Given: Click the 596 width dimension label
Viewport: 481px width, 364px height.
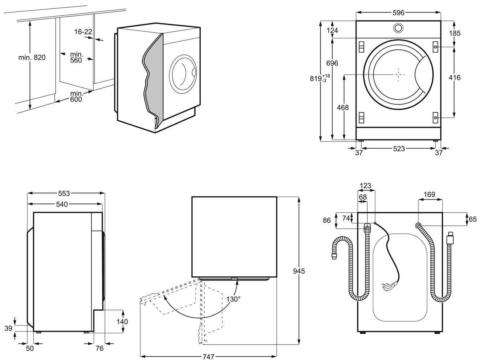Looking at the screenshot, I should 398,13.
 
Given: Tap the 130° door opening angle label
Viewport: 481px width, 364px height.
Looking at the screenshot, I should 233,299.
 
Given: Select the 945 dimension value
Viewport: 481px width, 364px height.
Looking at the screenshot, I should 299,271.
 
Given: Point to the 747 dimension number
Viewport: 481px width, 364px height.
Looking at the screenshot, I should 208,356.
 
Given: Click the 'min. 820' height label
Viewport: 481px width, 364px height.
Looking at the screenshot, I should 32,57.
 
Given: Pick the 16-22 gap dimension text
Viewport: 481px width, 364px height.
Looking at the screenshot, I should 83,32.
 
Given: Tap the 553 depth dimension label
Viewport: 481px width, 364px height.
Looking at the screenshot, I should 64,193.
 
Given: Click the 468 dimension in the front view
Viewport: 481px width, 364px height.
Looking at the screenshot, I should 342,108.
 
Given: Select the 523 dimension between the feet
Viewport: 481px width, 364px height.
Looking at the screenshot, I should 399,149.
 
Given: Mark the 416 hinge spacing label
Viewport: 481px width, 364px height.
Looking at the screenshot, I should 454,77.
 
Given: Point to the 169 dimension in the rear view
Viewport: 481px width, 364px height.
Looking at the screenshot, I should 429,195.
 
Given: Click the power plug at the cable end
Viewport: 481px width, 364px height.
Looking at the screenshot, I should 386,284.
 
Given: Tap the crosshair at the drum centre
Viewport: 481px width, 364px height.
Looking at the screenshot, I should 399,74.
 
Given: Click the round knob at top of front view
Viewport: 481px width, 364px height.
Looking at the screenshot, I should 398,28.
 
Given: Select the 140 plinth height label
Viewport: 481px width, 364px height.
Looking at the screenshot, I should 122,322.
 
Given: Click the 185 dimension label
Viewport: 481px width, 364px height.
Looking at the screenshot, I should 455,33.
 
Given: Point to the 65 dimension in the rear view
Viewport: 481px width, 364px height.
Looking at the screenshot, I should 473,219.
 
